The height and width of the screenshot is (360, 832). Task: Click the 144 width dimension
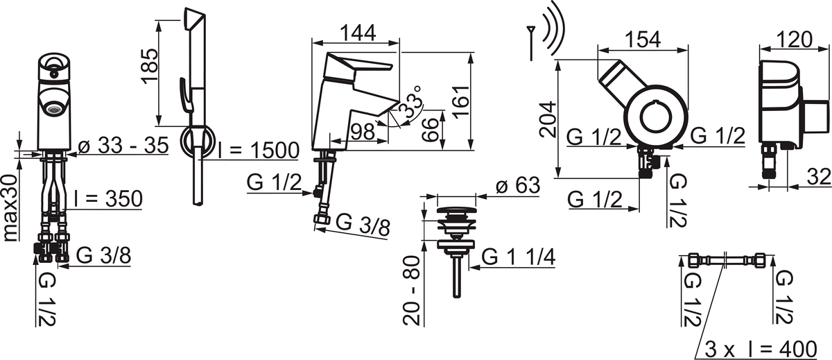tap(358, 33)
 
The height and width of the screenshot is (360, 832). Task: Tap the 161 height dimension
tap(461, 102)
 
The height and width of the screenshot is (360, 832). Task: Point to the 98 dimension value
tap(363, 131)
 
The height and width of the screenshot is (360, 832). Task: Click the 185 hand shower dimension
tap(150, 66)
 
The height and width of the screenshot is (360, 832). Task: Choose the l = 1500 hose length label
tap(259, 151)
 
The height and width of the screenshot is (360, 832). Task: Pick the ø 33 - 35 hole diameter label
tap(123, 145)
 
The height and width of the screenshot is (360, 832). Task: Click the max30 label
tap(11, 208)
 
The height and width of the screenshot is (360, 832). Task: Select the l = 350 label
tap(108, 199)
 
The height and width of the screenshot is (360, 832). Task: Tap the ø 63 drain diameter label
tap(518, 185)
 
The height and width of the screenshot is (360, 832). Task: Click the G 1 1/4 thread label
tap(519, 257)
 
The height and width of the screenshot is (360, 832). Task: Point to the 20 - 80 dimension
tap(412, 290)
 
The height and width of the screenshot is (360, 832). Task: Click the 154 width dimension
tap(643, 40)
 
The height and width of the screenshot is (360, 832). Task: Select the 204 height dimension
tap(548, 119)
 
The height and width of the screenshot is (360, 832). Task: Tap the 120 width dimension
tap(794, 40)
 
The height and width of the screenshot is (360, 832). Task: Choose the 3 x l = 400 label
tap(761, 350)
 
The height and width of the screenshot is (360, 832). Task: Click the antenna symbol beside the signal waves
tap(531, 43)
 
